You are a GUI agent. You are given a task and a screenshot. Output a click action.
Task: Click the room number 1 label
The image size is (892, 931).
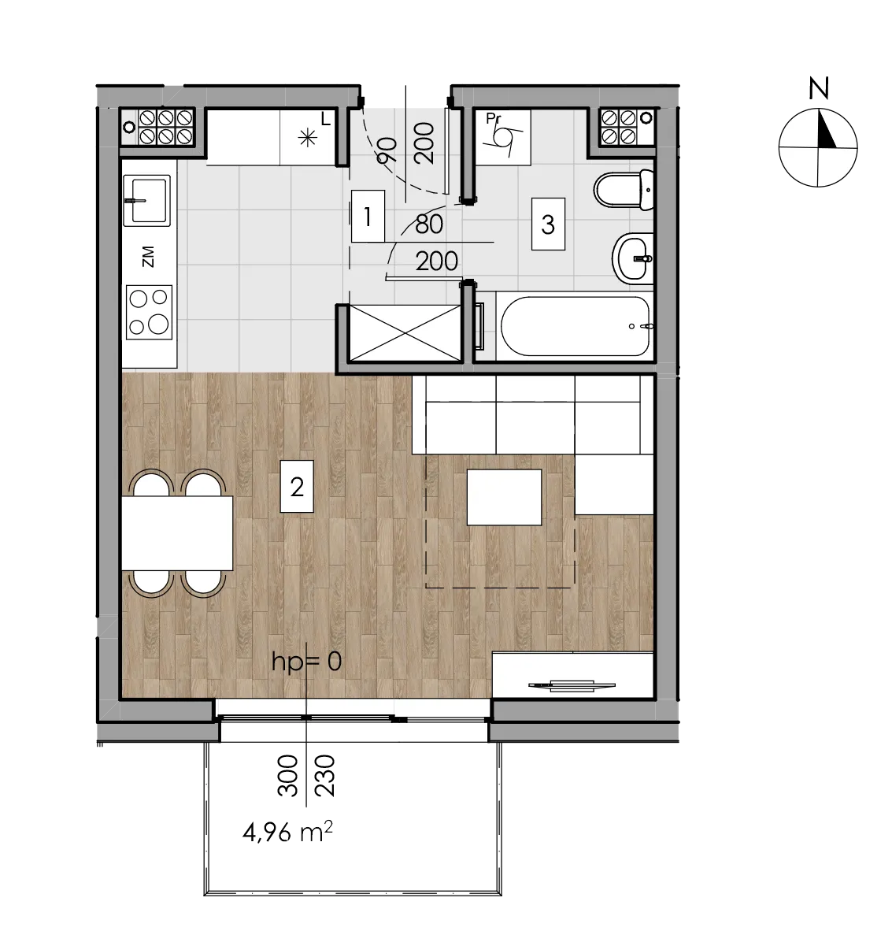coord(368,216)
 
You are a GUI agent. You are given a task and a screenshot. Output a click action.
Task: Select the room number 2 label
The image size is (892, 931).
coord(297,486)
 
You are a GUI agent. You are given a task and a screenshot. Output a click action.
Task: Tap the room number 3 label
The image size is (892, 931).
coord(548,224)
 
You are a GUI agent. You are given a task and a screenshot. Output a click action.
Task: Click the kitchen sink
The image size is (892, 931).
coord(146,200)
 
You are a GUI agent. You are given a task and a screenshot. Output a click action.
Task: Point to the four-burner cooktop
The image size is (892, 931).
coord(149,313)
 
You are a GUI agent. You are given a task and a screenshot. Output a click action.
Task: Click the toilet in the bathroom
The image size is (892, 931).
coord(624,190)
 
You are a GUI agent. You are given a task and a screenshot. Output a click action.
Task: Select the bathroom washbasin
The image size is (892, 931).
coord(633,259)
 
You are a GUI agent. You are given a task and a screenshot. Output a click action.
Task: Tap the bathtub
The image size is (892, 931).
coord(575,326)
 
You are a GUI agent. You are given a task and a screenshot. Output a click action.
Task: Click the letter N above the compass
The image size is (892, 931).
coord(819,88)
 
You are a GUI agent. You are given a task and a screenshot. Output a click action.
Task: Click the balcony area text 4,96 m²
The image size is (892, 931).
coord(287,832)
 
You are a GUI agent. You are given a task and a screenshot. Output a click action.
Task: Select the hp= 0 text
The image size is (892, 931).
coord(306,661)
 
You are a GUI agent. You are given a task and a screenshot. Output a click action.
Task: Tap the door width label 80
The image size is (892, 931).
coord(429,224)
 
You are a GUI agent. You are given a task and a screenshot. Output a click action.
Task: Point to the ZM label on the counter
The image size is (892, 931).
coord(148,257)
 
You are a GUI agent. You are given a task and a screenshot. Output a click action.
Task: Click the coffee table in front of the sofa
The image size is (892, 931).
coord(505,497)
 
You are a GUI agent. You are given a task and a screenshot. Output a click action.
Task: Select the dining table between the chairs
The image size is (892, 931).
coord(177,533)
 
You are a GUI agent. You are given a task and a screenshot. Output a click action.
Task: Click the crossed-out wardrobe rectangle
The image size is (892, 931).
coord(405,332)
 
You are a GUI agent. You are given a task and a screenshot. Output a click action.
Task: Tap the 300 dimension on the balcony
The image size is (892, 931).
coord(288,775)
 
